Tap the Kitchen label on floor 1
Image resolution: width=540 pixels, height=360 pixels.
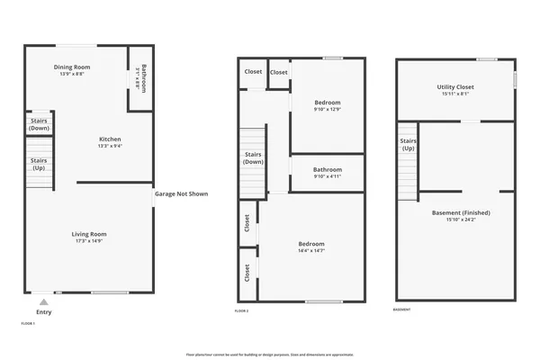(110, 139)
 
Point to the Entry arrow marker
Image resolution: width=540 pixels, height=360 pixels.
(43, 301)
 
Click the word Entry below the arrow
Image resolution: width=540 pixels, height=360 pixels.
(43, 312)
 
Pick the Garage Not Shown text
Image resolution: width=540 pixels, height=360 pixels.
(181, 193)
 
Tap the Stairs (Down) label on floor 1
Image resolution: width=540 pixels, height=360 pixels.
(39, 125)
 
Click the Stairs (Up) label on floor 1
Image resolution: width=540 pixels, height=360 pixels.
(39, 165)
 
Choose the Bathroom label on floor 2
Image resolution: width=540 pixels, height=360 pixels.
(328, 169)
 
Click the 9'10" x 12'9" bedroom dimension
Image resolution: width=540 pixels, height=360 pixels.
(328, 110)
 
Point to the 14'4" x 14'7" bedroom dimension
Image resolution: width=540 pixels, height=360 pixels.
(311, 250)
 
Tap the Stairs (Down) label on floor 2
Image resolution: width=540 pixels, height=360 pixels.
(254, 158)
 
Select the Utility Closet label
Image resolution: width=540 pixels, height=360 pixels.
(454, 86)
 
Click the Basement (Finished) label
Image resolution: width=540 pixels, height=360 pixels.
(454, 212)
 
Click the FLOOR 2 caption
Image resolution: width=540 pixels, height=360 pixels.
(241, 310)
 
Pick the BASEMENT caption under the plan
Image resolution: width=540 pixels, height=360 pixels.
(403, 310)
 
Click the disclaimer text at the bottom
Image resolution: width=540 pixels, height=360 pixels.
(270, 355)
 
